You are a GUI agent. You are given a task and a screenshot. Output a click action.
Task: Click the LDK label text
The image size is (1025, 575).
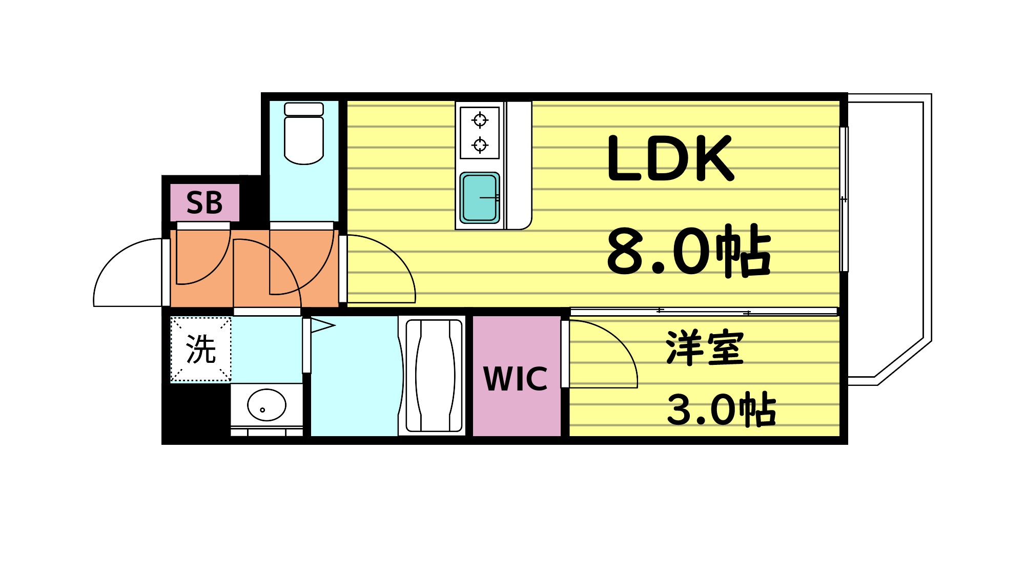pyautogui.click(x=670, y=159)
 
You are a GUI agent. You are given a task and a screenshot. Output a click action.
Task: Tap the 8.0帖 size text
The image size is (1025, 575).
pyautogui.click(x=688, y=251)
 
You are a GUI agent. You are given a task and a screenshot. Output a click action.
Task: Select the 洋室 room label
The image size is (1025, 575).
pyautogui.click(x=705, y=348)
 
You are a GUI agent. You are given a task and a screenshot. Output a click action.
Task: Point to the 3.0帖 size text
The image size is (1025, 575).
pyautogui.click(x=721, y=410)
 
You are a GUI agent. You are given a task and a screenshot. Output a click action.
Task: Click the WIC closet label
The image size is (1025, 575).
pyautogui.click(x=516, y=379)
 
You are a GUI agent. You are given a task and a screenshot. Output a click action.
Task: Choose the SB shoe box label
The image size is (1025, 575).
pyautogui.click(x=204, y=203)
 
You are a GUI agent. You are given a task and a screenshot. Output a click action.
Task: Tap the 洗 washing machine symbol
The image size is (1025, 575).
pyautogui.click(x=200, y=350)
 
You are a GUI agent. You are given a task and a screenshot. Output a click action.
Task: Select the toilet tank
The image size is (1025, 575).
pyautogui.click(x=304, y=109)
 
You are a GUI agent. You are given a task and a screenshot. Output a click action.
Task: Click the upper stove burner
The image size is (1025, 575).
pyautogui.click(x=480, y=120)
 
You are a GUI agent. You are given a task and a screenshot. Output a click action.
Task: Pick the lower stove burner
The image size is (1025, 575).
pyautogui.click(x=480, y=145)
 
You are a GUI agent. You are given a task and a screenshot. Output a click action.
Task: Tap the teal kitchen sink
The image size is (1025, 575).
pyautogui.click(x=479, y=198)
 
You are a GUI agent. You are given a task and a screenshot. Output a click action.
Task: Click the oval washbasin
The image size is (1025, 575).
pyautogui.click(x=266, y=405)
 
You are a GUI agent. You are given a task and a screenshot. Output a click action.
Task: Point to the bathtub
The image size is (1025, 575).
pyautogui.click(x=434, y=376)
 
